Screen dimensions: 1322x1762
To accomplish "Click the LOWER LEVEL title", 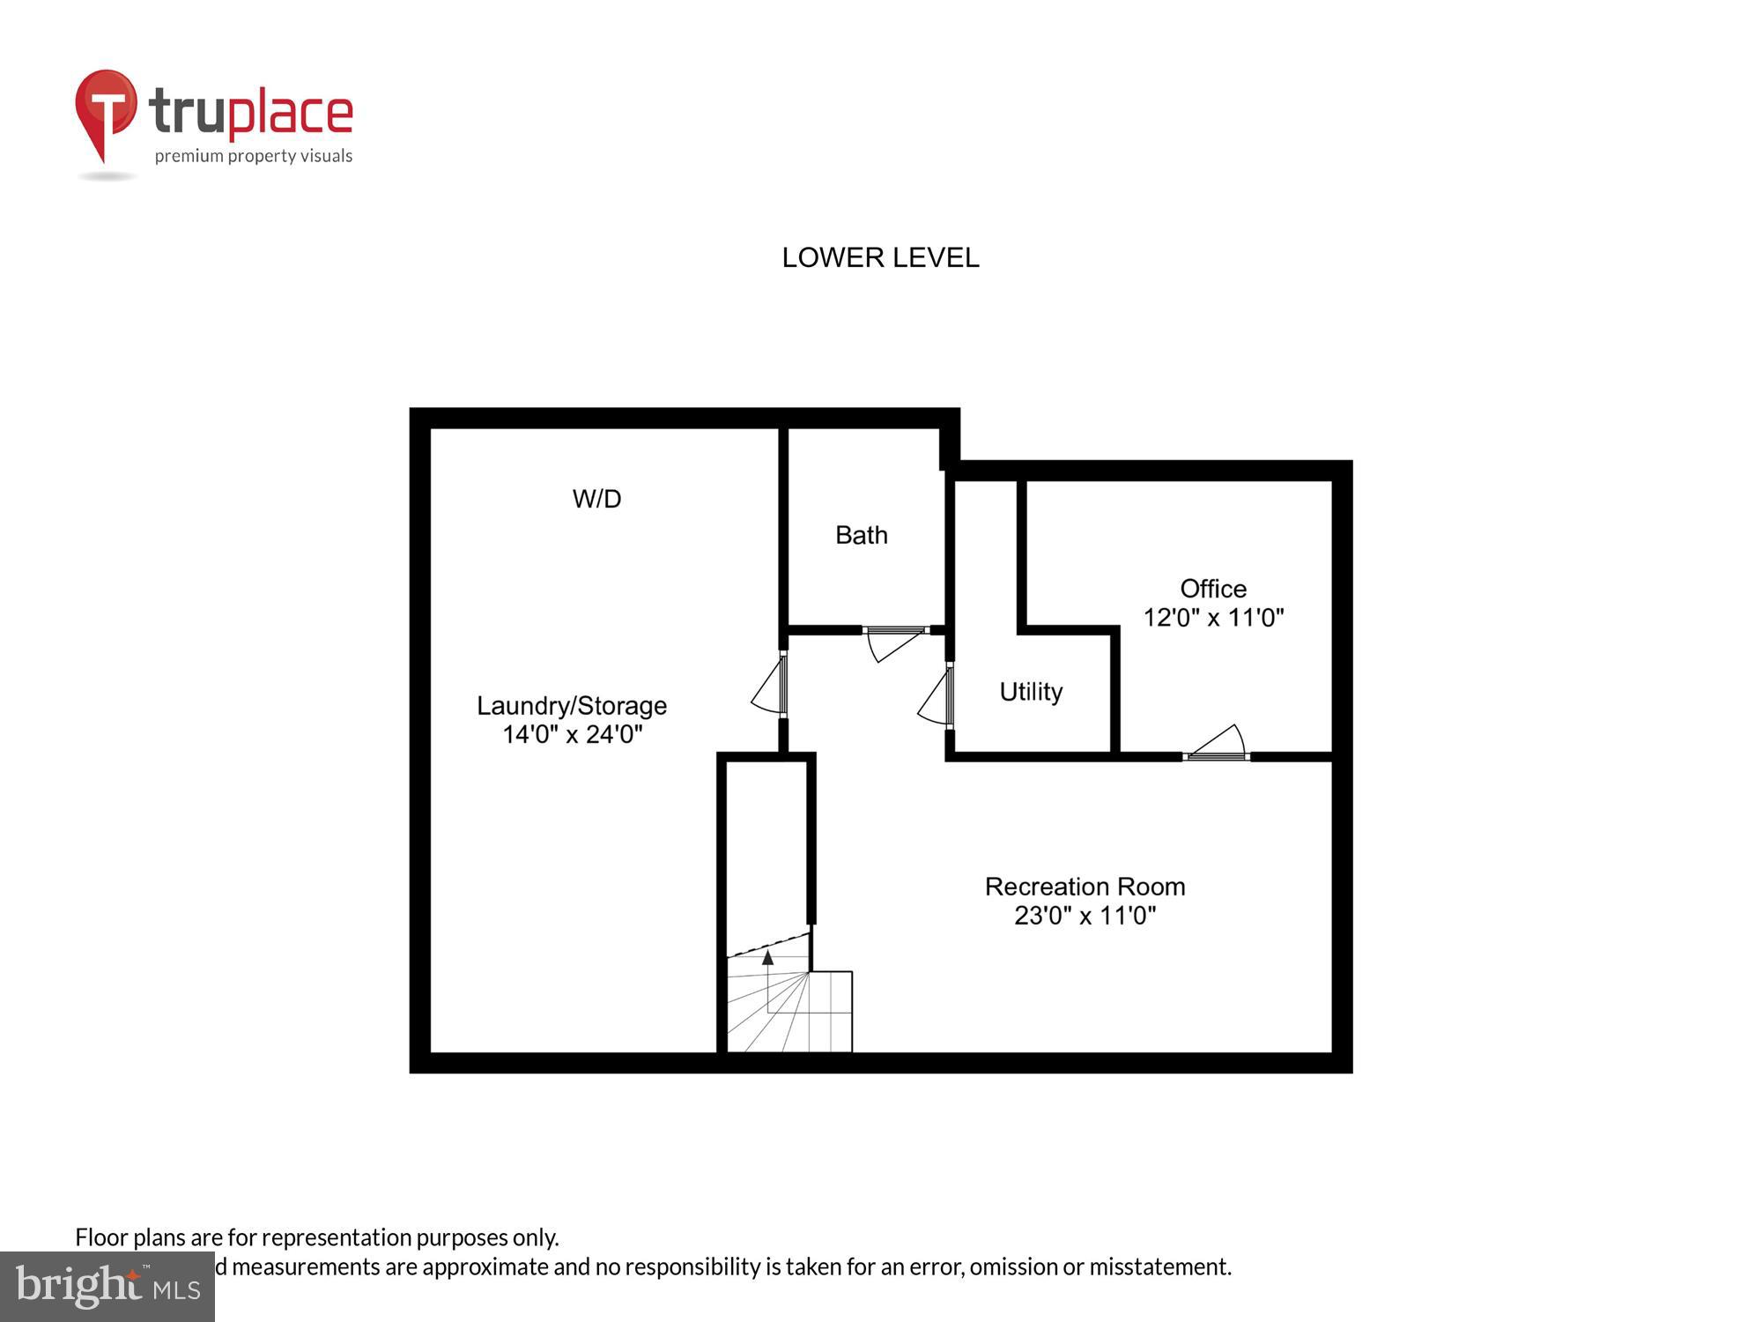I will (x=880, y=257).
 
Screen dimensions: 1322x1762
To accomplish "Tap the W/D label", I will (x=596, y=499).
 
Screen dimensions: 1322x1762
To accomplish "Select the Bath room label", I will (x=861, y=535).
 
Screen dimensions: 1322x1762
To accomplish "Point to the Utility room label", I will (x=1030, y=692).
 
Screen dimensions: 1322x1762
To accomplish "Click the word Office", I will (x=1213, y=589).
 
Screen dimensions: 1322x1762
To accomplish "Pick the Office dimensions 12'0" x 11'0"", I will (x=1213, y=617).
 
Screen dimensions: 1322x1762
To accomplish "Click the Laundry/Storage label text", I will (x=572, y=706).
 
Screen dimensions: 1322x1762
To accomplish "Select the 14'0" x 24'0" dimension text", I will (x=572, y=734).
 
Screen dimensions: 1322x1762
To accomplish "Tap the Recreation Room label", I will (x=1085, y=887).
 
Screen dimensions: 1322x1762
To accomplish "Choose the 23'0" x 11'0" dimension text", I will (x=1085, y=916).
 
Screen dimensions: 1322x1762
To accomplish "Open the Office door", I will (x=1218, y=743).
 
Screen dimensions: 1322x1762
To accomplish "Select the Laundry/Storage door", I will (x=769, y=686).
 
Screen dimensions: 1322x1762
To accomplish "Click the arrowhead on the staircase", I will (x=767, y=957).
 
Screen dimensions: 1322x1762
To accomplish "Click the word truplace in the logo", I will (x=251, y=113).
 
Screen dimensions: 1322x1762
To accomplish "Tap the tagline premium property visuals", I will (x=254, y=157).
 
